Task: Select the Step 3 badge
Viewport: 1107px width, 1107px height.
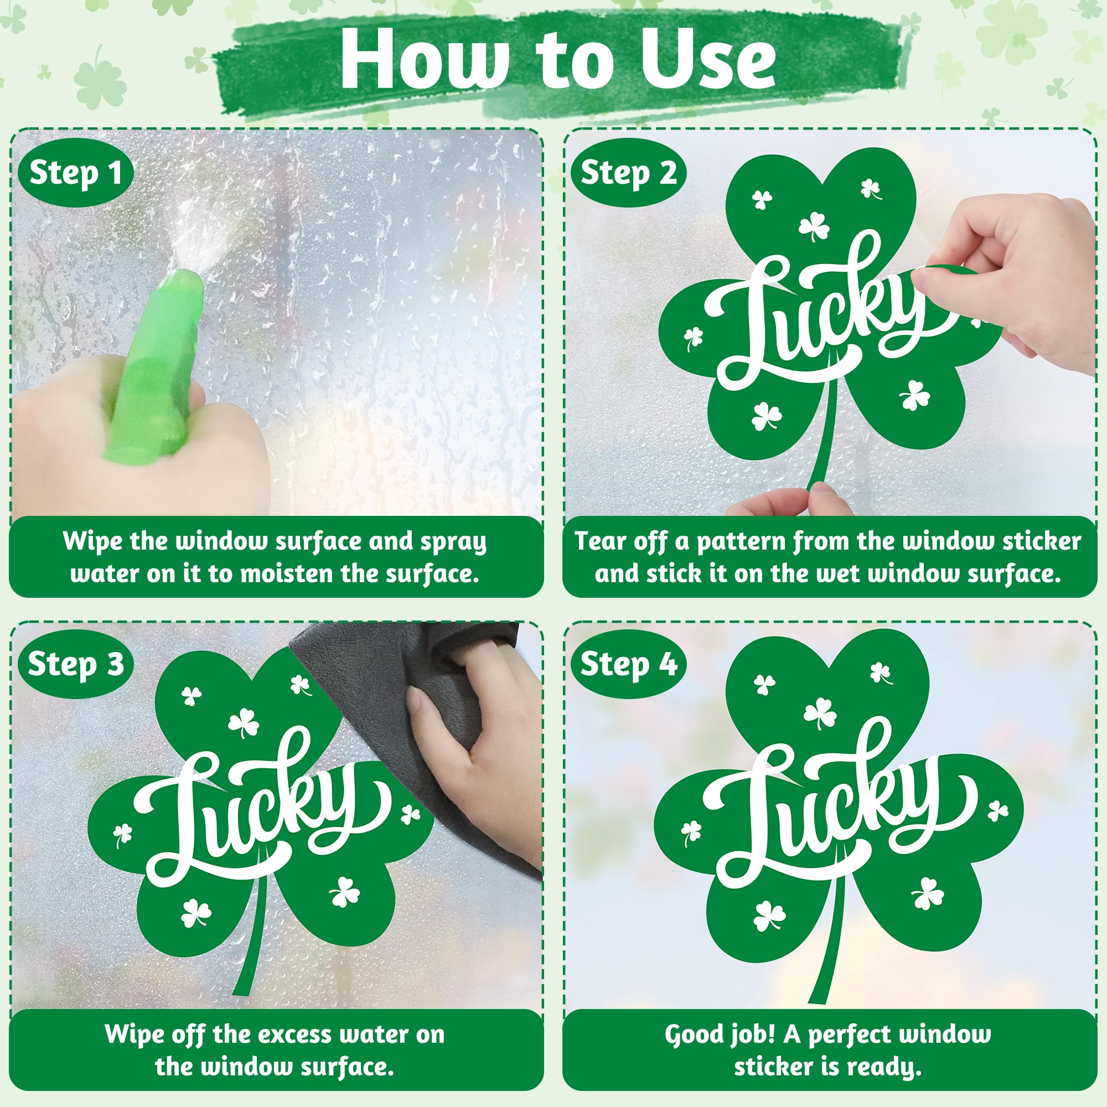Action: pyautogui.click(x=76, y=664)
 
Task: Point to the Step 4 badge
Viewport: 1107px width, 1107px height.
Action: pyautogui.click(x=629, y=664)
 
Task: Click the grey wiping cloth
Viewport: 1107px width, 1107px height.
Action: pyautogui.click(x=412, y=739)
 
